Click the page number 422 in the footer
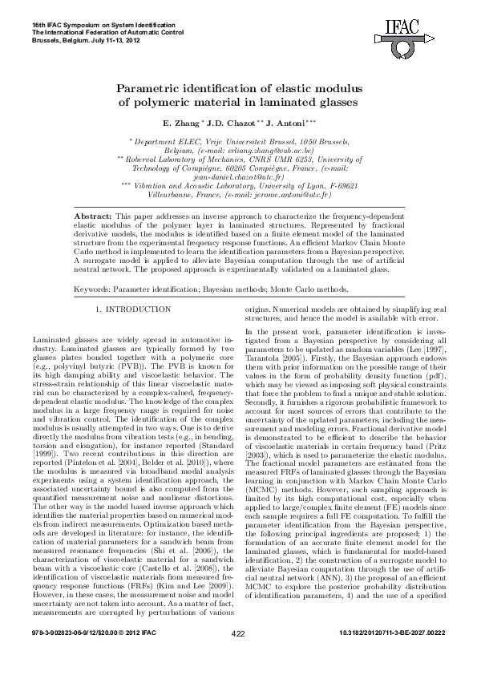pos(237,656)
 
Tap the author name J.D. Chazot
pos(227,125)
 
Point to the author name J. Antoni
pos(285,125)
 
